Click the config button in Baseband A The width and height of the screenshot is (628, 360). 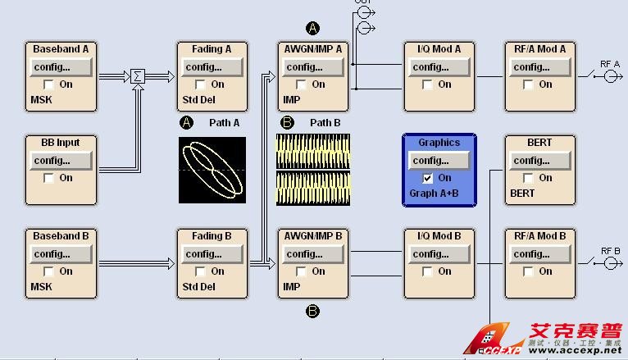61,67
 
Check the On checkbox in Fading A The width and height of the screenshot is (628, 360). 200,84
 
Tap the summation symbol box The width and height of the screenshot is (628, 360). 137,77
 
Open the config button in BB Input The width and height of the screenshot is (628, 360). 61,161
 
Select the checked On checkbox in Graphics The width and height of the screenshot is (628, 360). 427,178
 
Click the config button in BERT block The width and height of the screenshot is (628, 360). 539,161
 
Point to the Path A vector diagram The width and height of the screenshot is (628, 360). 212,170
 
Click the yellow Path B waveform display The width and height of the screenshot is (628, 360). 313,170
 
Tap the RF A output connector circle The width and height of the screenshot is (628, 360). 609,77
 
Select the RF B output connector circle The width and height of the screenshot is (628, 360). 609,264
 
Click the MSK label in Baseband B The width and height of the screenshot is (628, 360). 41,287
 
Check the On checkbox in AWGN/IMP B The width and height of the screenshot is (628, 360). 301,271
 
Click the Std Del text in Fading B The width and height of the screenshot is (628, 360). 199,287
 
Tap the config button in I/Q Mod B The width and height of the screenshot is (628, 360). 439,254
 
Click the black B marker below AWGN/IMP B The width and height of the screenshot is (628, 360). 312,312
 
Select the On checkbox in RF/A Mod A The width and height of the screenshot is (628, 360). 528,84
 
